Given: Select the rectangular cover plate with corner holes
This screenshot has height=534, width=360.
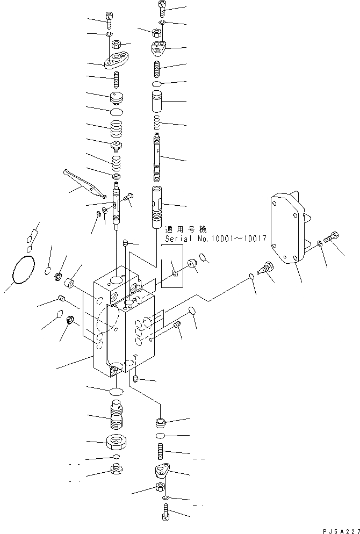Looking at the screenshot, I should click(288, 228).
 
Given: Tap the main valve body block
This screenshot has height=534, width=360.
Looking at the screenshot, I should click(124, 328).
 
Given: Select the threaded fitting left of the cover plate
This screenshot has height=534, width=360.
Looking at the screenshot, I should click(265, 267).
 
